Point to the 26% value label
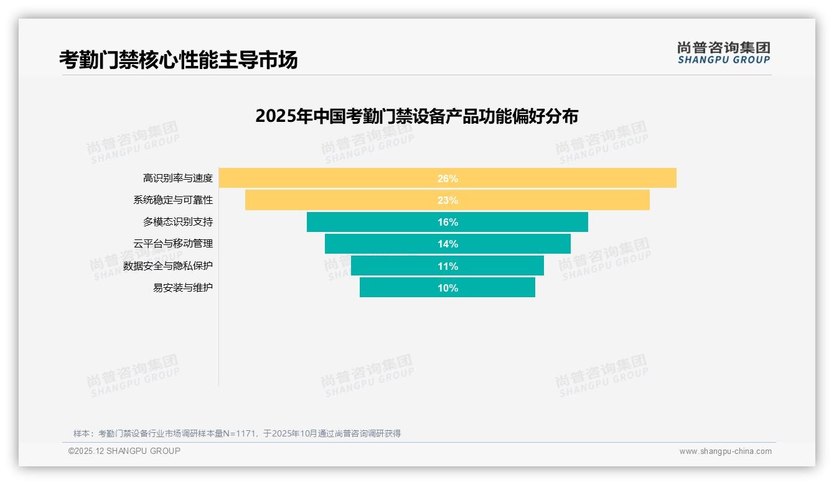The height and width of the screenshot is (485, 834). click(x=447, y=178)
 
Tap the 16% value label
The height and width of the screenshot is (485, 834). click(x=447, y=222)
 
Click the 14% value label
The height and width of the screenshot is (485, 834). click(x=447, y=244)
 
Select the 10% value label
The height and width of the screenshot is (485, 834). click(x=447, y=288)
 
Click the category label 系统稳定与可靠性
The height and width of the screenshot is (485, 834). click(x=173, y=200)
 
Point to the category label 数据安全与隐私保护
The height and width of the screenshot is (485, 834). click(x=168, y=266)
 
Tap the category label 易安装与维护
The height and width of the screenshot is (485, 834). click(x=183, y=288)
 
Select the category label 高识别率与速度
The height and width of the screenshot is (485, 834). click(x=178, y=178)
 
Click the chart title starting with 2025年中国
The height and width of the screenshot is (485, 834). click(x=416, y=116)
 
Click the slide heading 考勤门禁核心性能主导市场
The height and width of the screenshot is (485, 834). click(x=178, y=60)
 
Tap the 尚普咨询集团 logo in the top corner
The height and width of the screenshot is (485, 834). click(x=723, y=53)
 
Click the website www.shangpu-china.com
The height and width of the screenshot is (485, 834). click(x=725, y=451)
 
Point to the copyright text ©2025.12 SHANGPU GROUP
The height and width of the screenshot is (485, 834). click(x=124, y=451)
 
